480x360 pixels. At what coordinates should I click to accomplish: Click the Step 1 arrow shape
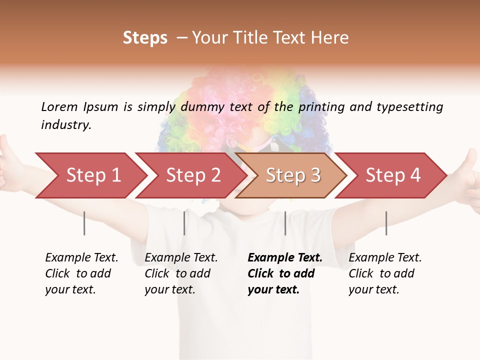click(x=93, y=175)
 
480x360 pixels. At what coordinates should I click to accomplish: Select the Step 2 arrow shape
click(x=193, y=175)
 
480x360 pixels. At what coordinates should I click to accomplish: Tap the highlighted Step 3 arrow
click(x=293, y=175)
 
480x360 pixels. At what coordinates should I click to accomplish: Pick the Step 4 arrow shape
click(x=393, y=175)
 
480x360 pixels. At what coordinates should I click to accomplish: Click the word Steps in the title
click(x=145, y=37)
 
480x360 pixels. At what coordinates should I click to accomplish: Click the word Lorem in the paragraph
click(x=59, y=106)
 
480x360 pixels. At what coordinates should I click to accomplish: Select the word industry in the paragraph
click(x=65, y=125)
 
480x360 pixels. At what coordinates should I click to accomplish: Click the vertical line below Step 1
click(x=84, y=223)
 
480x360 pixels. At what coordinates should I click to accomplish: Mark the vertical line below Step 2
click(x=184, y=223)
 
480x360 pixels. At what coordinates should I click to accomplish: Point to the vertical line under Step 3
click(x=285, y=223)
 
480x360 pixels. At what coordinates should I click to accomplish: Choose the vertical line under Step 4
click(x=386, y=223)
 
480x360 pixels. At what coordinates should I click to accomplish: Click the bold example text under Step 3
click(x=284, y=273)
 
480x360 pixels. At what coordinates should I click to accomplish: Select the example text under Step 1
click(x=81, y=273)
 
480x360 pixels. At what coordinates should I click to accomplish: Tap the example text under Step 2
click(x=181, y=273)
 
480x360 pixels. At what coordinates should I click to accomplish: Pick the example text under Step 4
click(x=385, y=273)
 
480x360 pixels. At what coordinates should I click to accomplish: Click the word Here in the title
click(x=333, y=37)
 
